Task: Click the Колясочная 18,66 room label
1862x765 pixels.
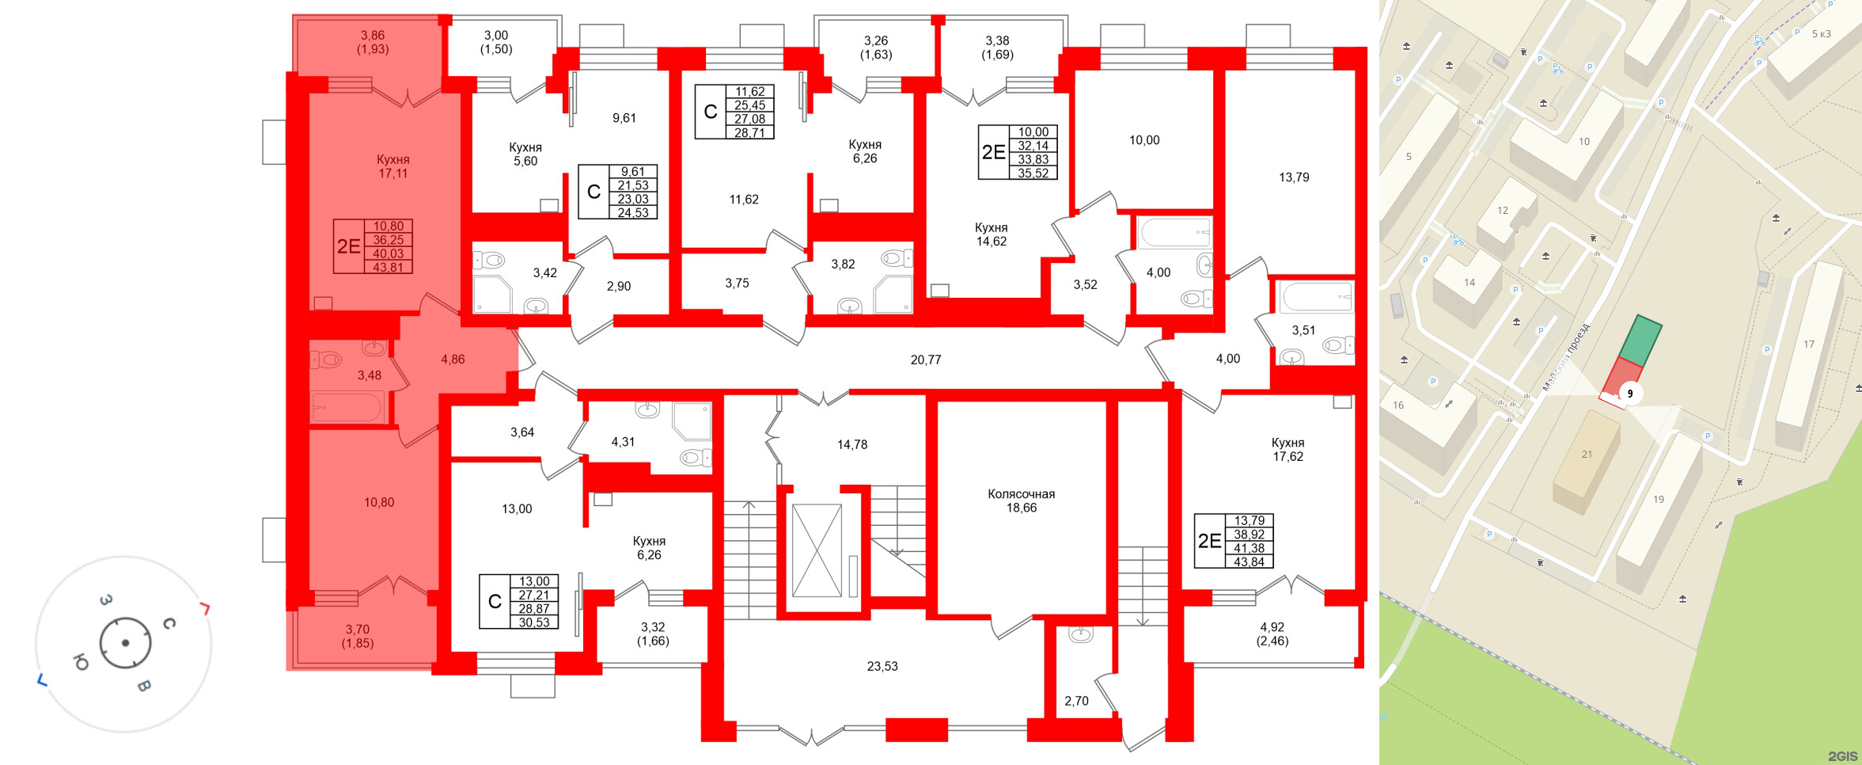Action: point(1021,500)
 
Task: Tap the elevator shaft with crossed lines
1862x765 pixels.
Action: point(817,550)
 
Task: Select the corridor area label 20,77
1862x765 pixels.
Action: point(926,360)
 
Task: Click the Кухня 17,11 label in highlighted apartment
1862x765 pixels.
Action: point(392,166)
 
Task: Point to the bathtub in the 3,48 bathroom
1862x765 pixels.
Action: point(348,408)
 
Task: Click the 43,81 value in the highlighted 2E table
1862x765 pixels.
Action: point(388,268)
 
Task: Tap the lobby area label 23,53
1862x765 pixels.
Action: point(882,667)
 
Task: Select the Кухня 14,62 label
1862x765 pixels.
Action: point(991,234)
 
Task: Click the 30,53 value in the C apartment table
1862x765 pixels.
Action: point(534,622)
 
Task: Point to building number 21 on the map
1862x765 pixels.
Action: point(1587,454)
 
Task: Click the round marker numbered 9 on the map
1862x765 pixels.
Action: point(1629,394)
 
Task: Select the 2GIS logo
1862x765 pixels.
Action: point(1842,756)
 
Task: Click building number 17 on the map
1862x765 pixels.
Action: point(1808,344)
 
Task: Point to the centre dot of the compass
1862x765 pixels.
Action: point(125,642)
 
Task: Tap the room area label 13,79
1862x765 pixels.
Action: point(1294,177)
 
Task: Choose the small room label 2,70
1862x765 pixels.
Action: point(1076,701)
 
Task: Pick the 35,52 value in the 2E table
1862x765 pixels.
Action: point(1033,173)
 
